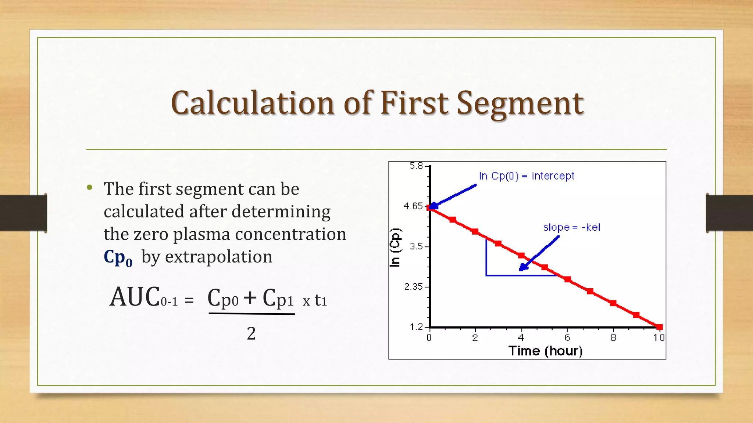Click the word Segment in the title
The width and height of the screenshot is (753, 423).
tap(520, 104)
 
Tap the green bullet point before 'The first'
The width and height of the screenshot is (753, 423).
tap(90, 188)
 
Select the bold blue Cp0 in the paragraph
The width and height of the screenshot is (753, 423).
tap(118, 257)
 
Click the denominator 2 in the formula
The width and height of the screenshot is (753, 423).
tap(251, 333)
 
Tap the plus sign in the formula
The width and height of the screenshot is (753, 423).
tap(250, 297)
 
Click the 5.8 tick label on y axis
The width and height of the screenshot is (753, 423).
tap(416, 166)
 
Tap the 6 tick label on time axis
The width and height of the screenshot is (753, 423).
tap(567, 337)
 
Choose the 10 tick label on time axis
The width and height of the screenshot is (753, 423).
tap(659, 337)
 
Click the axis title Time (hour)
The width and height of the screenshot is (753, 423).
tap(545, 351)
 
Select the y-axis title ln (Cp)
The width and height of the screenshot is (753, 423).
tap(395, 247)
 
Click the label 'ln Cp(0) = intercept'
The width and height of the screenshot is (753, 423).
tap(526, 176)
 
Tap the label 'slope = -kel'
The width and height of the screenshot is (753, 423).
tap(571, 227)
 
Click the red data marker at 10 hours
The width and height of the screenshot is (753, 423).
tap(659, 327)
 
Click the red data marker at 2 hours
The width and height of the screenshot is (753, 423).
tap(475, 231)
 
